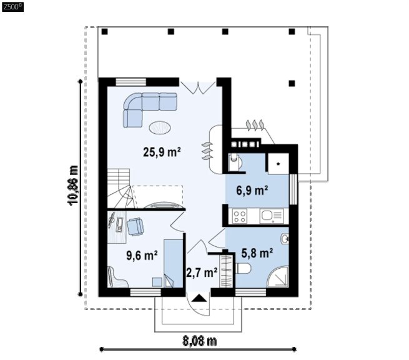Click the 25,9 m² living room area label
(x=162, y=152)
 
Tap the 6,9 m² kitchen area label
(x=252, y=190)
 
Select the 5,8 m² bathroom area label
(x=257, y=252)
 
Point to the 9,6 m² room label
(x=142, y=255)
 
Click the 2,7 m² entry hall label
(x=202, y=272)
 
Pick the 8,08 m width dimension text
(x=199, y=341)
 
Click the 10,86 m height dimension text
(x=73, y=185)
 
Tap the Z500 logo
(x=12, y=7)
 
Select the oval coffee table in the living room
(x=160, y=128)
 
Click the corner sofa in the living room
(x=146, y=107)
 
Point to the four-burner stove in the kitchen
(x=240, y=216)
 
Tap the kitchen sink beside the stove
(x=271, y=216)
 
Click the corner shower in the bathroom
(x=278, y=277)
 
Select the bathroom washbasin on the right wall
(x=285, y=239)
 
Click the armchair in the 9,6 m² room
(x=136, y=227)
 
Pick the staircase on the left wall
(x=119, y=188)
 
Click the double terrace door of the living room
(x=198, y=87)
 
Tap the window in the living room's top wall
(x=131, y=82)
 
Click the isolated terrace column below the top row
(x=292, y=84)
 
